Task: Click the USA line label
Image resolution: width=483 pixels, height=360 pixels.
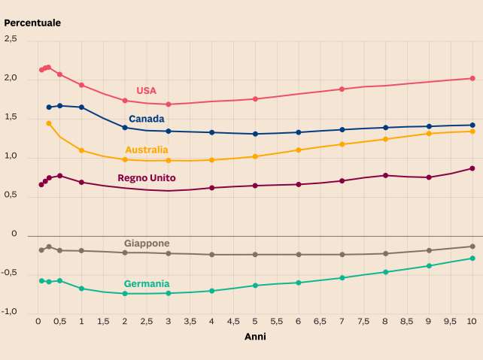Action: (146, 91)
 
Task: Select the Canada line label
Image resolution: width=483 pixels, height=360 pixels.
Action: (147, 119)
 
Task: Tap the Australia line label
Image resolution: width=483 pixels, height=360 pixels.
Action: (147, 150)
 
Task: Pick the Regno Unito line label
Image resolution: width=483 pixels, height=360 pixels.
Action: (147, 178)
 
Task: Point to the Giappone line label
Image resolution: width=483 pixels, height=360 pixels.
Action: (147, 244)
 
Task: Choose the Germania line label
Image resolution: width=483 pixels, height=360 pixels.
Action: (147, 284)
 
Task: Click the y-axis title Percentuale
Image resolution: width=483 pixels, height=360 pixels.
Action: (32, 23)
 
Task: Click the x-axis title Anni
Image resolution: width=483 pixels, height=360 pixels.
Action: (255, 337)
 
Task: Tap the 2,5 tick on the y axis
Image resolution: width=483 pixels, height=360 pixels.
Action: (10, 39)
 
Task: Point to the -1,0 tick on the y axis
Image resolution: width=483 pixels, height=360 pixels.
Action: (8, 312)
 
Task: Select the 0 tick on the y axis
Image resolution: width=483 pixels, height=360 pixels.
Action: (14, 234)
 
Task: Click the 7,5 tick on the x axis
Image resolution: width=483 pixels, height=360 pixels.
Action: (363, 321)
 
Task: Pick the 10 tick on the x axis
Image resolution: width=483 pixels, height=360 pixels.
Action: (472, 321)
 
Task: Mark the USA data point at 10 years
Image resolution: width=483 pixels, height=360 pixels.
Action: (472, 78)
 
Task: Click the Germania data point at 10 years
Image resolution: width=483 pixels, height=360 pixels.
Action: (472, 259)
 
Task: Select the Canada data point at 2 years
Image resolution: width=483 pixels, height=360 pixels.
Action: (125, 128)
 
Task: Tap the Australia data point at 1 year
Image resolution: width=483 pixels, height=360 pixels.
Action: (81, 150)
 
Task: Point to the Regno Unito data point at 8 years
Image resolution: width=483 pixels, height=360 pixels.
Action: (385, 175)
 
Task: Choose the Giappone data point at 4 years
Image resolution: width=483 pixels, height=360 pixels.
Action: (211, 255)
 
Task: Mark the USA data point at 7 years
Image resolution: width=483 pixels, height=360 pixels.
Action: (342, 89)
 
